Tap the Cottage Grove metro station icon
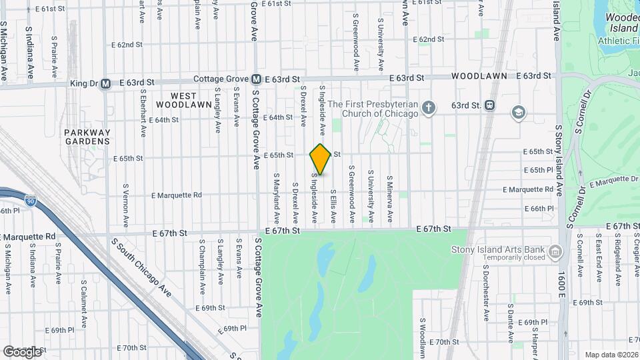click(x=257, y=79)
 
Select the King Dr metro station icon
click(x=106, y=84)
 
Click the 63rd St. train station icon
click(x=490, y=105)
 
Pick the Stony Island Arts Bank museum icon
click(x=555, y=251)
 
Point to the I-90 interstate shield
click(x=31, y=199)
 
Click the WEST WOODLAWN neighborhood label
click(x=177, y=100)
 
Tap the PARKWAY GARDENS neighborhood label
click(x=87, y=137)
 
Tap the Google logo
click(x=22, y=351)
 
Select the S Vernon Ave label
click(x=125, y=199)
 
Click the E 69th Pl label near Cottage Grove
click(x=235, y=329)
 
